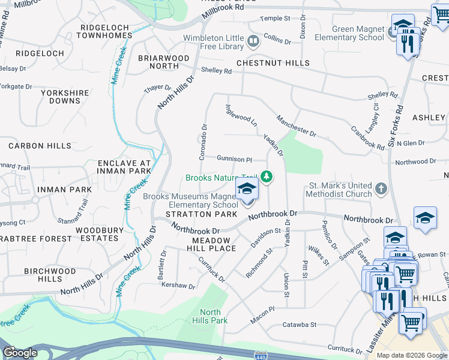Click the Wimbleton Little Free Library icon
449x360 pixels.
pyautogui.click(x=253, y=41)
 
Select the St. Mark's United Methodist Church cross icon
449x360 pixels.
pyautogui.click(x=381, y=190)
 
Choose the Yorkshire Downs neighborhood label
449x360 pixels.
pyautogui.click(x=65, y=97)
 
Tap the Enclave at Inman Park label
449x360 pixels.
pyautogui.click(x=124, y=167)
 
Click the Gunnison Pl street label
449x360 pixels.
pyautogui.click(x=234, y=159)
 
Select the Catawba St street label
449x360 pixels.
pyautogui.click(x=299, y=325)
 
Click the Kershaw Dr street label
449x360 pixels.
pyautogui.click(x=179, y=286)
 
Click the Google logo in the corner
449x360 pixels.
pyautogui.click(x=20, y=353)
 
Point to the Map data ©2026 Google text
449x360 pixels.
pyautogui.click(x=412, y=355)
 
